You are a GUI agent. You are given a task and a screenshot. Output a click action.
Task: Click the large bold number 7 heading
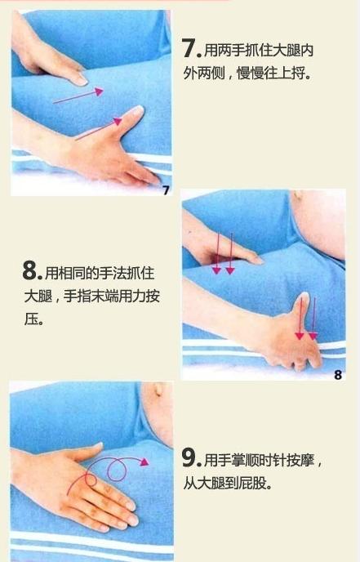click(x=193, y=48)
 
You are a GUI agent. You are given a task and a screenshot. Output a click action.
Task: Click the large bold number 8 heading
click(x=32, y=271)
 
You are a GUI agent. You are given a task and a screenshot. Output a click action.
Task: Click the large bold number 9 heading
click(x=191, y=458)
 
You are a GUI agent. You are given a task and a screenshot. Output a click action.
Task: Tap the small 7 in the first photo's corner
click(x=165, y=190)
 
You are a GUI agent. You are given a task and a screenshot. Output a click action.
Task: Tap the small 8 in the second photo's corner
click(x=337, y=375)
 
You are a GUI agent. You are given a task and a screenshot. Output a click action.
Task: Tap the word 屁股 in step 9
click(x=256, y=483)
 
